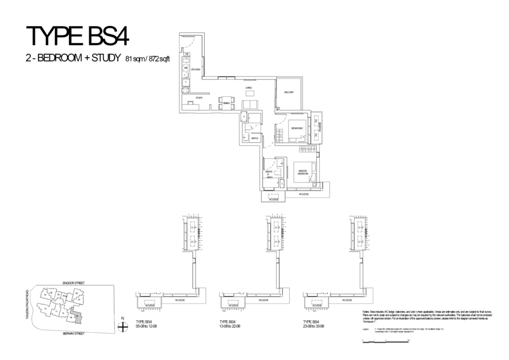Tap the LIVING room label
point(249,88)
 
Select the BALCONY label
point(289,92)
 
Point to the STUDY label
point(198,98)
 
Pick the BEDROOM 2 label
point(297,128)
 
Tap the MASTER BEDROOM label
point(304,173)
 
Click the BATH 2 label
point(254,139)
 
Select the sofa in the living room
point(250,104)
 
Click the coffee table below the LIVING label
point(249,93)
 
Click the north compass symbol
point(123,327)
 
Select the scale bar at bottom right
point(385,341)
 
